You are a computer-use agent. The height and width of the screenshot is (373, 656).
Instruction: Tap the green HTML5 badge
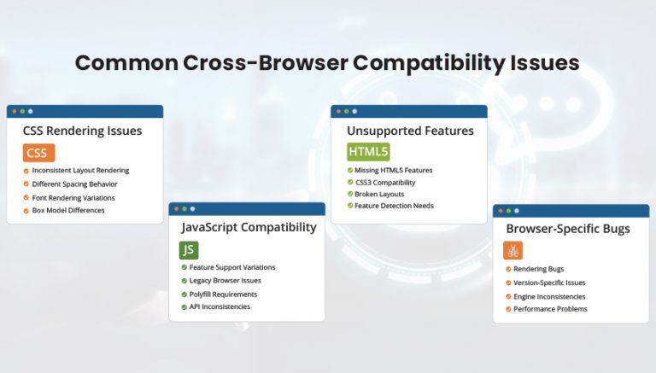click(368, 152)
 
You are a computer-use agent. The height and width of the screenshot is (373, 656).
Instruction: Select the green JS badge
click(189, 249)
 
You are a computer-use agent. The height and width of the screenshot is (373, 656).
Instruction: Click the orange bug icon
click(513, 250)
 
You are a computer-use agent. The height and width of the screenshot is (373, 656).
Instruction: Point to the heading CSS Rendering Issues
click(82, 131)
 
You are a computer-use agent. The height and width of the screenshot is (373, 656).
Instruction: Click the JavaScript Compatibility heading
click(249, 227)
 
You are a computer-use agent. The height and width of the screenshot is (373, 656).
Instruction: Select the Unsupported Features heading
click(410, 131)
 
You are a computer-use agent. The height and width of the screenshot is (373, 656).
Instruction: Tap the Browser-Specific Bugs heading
click(568, 228)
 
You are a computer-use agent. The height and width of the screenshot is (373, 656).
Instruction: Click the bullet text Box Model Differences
click(68, 210)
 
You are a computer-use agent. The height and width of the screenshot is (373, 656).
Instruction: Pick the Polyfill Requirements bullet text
click(223, 294)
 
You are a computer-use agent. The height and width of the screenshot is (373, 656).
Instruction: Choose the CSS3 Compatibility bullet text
click(385, 182)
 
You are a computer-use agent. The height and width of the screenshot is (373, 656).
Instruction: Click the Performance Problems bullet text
click(550, 309)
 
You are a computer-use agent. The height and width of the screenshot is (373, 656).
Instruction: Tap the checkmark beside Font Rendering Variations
click(26, 197)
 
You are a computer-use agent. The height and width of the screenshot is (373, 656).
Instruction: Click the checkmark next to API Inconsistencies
click(183, 306)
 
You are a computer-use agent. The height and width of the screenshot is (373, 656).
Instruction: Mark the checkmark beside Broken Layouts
click(350, 194)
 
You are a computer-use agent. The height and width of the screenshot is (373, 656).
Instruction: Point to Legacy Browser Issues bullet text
click(225, 280)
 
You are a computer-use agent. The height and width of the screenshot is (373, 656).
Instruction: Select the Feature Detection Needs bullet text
click(394, 206)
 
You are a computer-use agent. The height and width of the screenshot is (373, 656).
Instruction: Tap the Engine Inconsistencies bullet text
click(549, 296)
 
